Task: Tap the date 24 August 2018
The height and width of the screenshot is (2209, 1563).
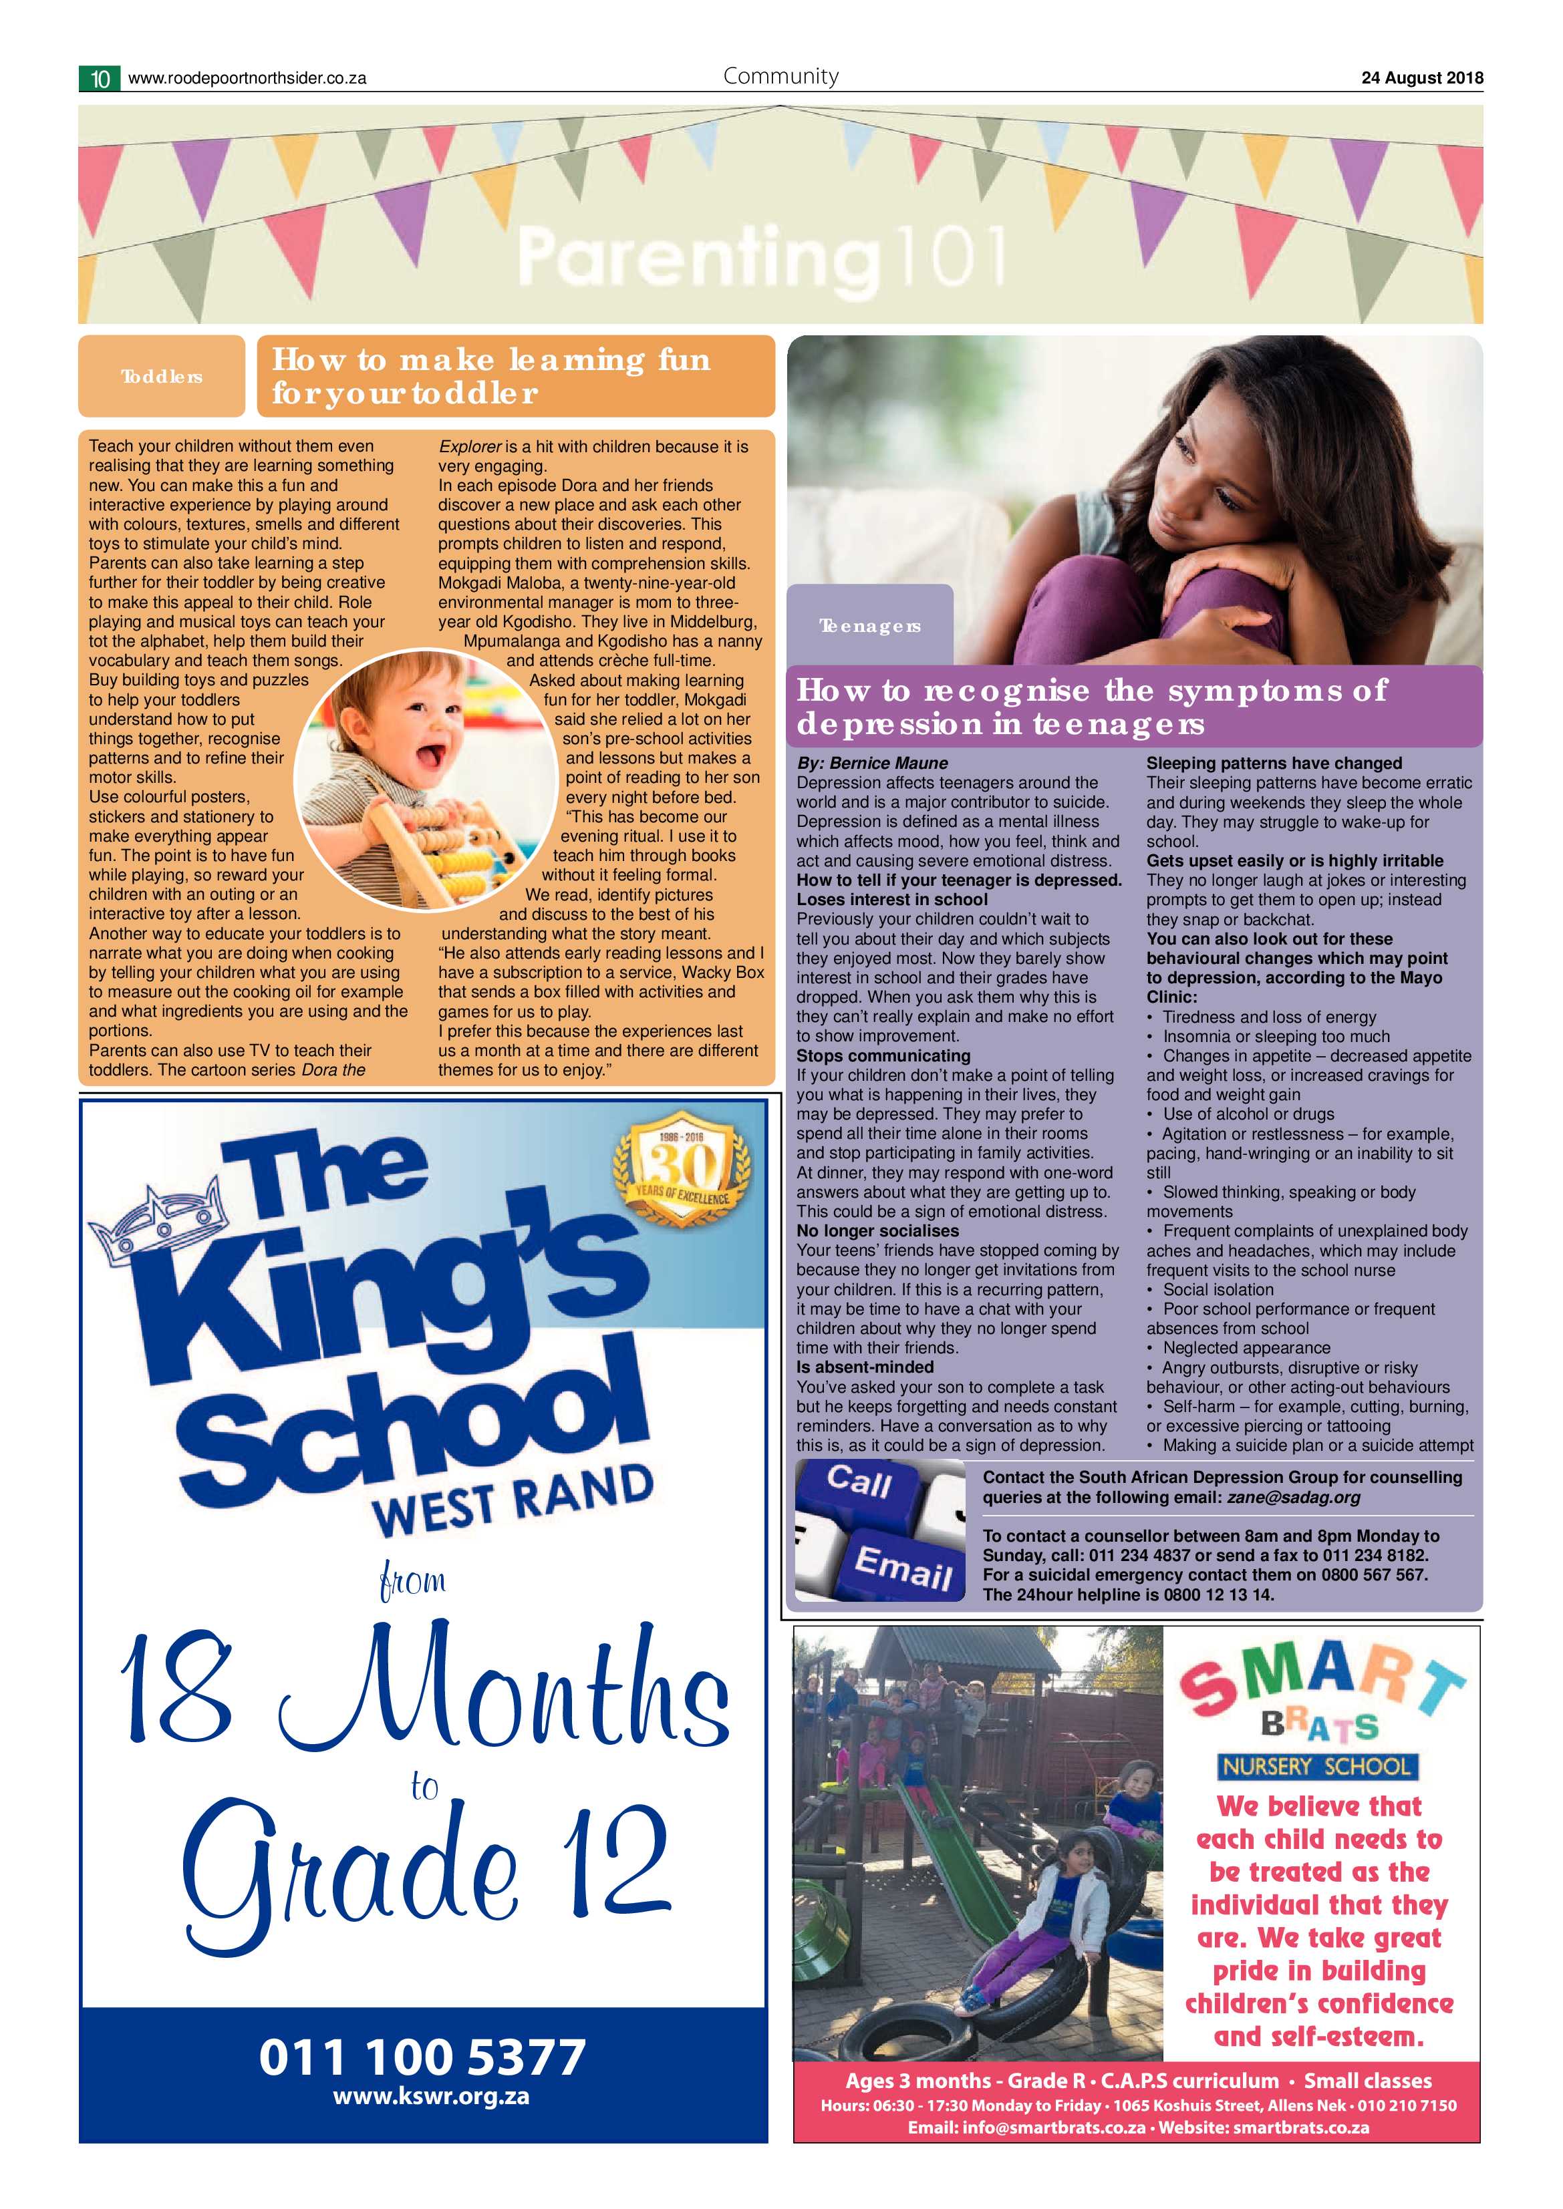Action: tap(1421, 79)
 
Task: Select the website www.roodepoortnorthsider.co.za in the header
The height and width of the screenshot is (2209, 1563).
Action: tap(247, 79)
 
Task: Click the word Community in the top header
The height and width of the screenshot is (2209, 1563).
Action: tap(780, 76)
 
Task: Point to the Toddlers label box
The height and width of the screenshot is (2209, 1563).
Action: tap(162, 376)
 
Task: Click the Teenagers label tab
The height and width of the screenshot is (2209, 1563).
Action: tap(870, 627)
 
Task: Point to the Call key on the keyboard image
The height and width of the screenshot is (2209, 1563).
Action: tap(859, 1482)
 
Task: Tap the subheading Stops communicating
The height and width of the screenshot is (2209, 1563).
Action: tap(883, 1055)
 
